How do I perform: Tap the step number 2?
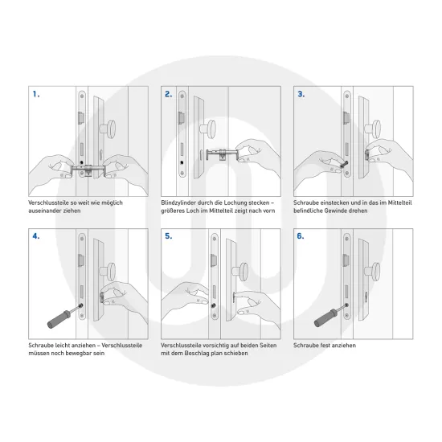tap(168, 95)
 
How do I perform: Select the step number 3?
tap(301, 95)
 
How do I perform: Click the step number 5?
tap(168, 238)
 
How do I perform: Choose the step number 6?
tap(301, 238)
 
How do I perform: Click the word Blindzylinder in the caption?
tap(179, 203)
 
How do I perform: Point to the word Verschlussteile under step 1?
tap(48, 203)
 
